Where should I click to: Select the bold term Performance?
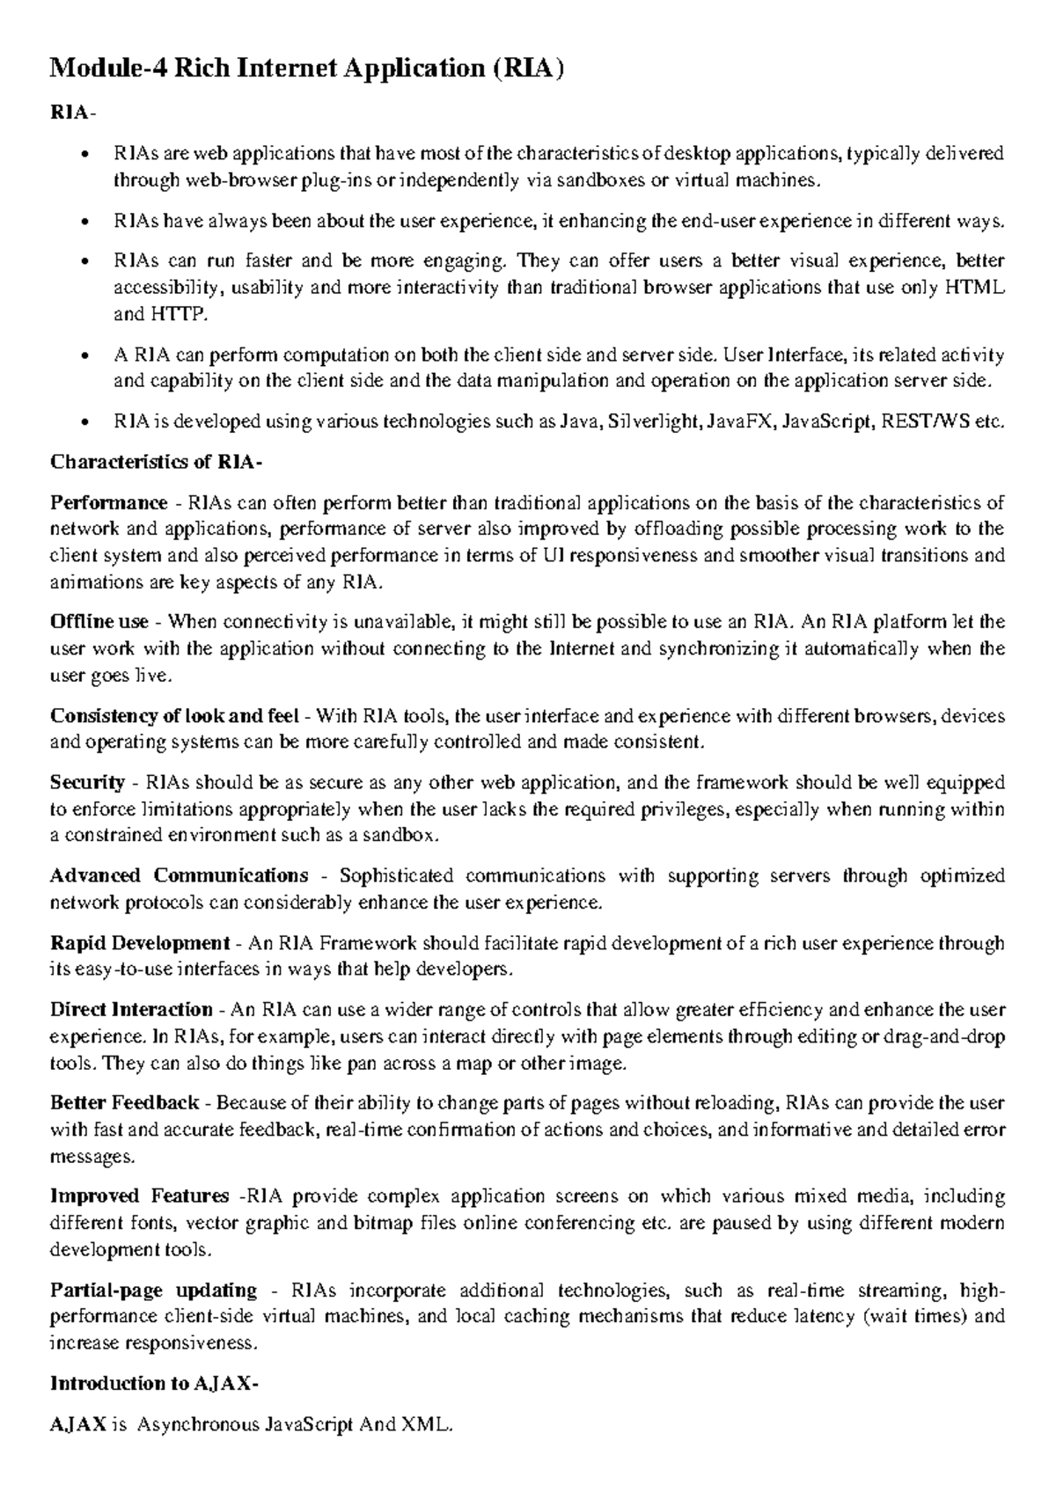tap(108, 502)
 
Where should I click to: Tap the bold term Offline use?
tap(99, 622)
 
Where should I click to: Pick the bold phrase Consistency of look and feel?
tap(174, 715)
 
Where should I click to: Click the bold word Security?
tap(87, 782)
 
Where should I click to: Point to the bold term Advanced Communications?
tap(179, 875)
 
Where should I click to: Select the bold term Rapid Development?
tap(139, 943)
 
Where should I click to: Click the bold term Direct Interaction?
tap(131, 1010)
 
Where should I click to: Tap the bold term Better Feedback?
tap(124, 1102)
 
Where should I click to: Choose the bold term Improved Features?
tap(139, 1196)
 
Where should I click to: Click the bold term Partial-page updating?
tap(153, 1291)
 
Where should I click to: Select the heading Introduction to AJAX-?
tap(154, 1383)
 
